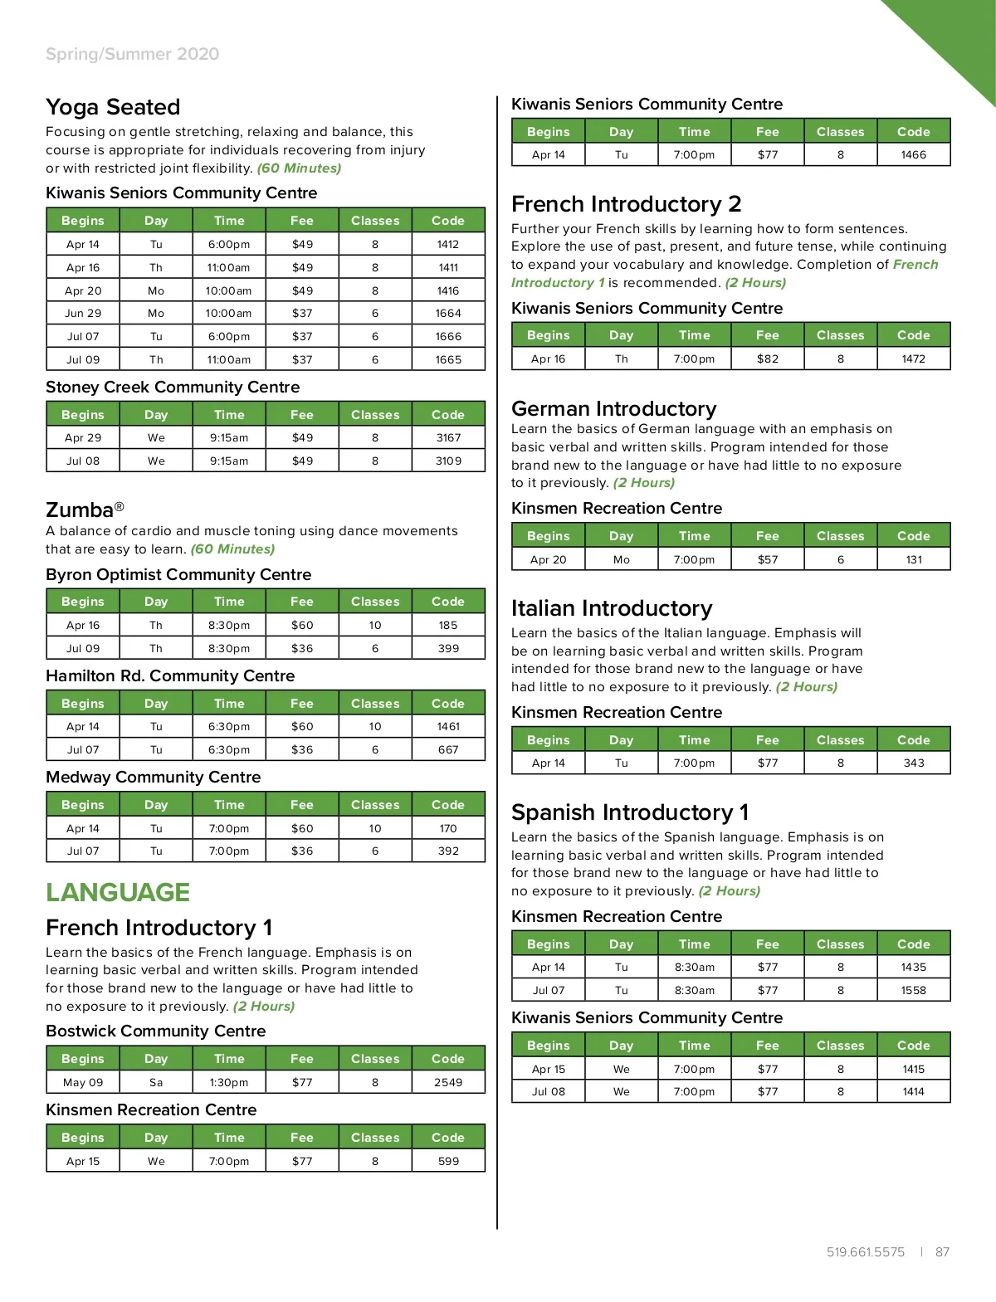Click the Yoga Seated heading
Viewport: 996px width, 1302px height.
pos(113,107)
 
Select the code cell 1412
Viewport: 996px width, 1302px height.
pos(448,244)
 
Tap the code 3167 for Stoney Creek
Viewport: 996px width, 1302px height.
pos(448,437)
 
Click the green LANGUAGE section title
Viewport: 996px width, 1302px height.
pos(118,892)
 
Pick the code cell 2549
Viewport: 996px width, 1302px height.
pos(448,1082)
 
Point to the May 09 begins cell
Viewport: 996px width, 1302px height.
pos(83,1082)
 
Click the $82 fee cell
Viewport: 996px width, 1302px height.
pos(768,358)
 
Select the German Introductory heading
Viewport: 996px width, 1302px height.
pos(613,408)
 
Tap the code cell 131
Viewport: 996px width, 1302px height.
pos(914,559)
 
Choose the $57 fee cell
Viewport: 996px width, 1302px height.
pos(768,559)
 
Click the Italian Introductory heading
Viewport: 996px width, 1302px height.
pos(612,608)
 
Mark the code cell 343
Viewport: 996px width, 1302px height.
pos(914,763)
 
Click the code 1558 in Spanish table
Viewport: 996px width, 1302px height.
pos(914,990)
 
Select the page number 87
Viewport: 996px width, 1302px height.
pos(942,1252)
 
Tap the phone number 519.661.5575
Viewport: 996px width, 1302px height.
pos(866,1252)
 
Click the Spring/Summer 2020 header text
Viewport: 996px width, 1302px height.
pos(133,54)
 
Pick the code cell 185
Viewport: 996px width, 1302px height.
pos(448,625)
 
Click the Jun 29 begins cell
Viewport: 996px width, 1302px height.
pos(83,313)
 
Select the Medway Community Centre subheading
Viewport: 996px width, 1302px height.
pos(154,777)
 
